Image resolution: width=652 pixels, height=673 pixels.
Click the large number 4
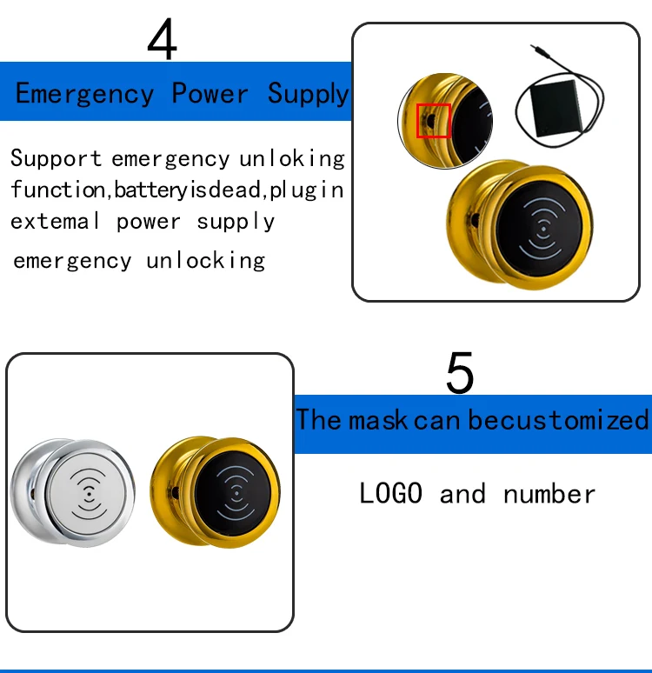click(163, 38)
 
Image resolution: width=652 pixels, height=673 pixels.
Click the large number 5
click(460, 372)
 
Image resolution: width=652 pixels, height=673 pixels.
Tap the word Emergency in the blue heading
click(84, 94)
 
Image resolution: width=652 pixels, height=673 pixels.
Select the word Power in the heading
click(210, 92)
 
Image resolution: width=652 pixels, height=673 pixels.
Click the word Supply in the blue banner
click(309, 94)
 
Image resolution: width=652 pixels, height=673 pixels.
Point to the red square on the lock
click(434, 121)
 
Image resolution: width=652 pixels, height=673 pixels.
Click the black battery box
click(556, 108)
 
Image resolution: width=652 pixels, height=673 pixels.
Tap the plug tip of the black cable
click(533, 46)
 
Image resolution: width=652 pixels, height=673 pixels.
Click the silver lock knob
click(72, 492)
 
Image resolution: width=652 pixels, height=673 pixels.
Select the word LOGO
click(390, 493)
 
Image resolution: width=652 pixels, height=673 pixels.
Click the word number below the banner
click(549, 494)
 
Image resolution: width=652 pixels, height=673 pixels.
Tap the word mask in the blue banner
click(377, 419)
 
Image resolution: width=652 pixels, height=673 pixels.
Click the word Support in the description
click(56, 158)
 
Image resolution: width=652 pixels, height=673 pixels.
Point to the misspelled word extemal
click(55, 221)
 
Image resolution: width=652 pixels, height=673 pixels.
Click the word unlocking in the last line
click(206, 261)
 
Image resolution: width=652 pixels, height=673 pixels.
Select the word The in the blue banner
click(318, 419)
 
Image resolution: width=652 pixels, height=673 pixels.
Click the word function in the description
click(58, 190)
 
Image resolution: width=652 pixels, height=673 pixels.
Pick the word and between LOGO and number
click(462, 494)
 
